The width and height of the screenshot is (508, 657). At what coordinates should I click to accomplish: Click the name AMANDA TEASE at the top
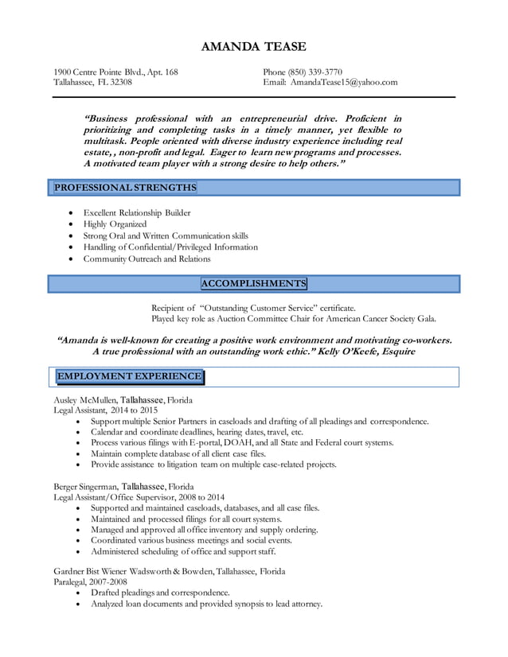[x=253, y=47]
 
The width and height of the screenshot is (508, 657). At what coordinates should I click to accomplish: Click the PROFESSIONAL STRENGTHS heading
[x=125, y=188]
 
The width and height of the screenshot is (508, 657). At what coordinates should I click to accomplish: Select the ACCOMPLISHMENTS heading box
[x=253, y=284]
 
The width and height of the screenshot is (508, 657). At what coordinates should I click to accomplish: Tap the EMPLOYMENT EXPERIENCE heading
[x=129, y=376]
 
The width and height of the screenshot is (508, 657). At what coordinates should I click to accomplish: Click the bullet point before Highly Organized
[x=72, y=225]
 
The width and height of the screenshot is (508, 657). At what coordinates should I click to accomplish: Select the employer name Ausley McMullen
[x=85, y=400]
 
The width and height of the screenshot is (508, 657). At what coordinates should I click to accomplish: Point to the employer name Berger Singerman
[x=86, y=486]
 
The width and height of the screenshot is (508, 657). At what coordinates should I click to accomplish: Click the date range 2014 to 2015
[x=134, y=410]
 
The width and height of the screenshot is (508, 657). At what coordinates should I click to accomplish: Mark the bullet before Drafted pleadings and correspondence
[x=78, y=593]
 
